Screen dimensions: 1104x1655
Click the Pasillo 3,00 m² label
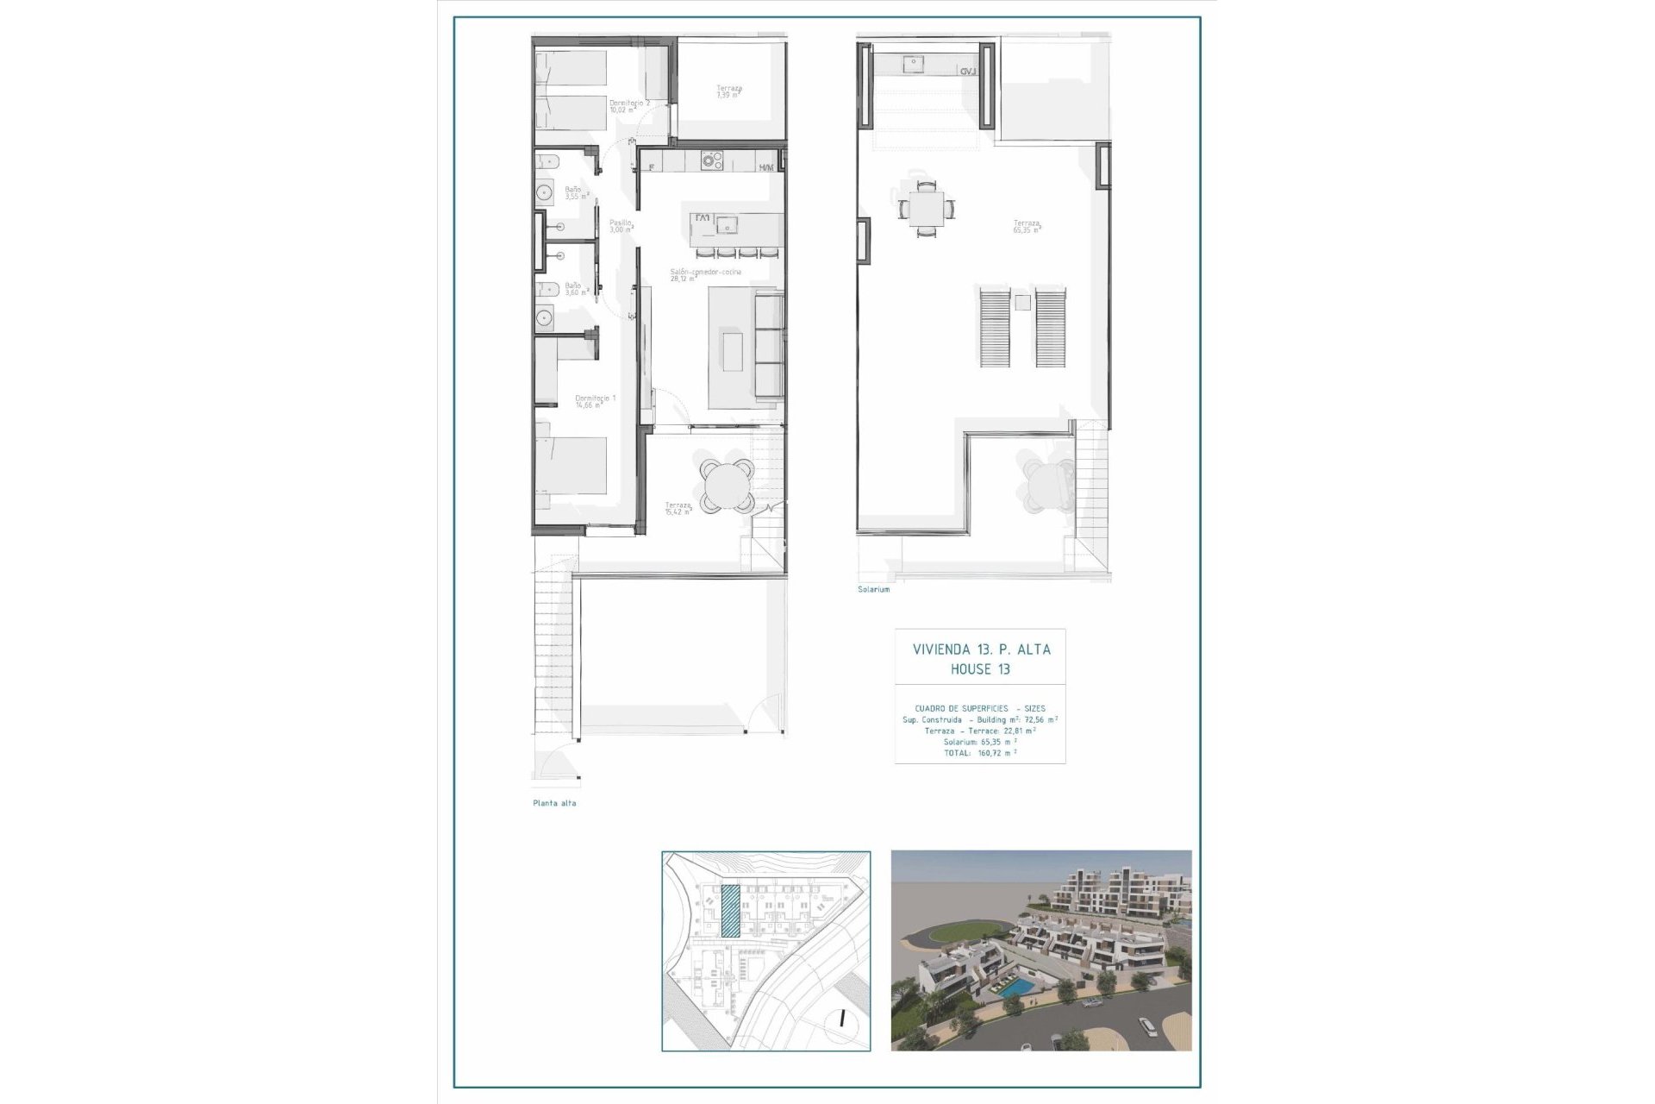tap(621, 226)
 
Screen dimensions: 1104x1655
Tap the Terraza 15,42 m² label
tap(678, 508)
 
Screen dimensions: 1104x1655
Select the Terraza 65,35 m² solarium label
tap(1027, 227)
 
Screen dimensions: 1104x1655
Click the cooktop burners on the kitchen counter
tap(711, 160)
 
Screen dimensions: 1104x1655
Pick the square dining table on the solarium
tap(926, 209)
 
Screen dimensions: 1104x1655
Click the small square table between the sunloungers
tap(1022, 303)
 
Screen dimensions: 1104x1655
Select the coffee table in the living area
tap(733, 351)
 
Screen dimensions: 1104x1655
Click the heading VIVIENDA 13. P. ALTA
tap(981, 649)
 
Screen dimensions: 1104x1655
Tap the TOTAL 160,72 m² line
tap(980, 753)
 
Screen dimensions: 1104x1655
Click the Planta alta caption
tap(554, 803)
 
